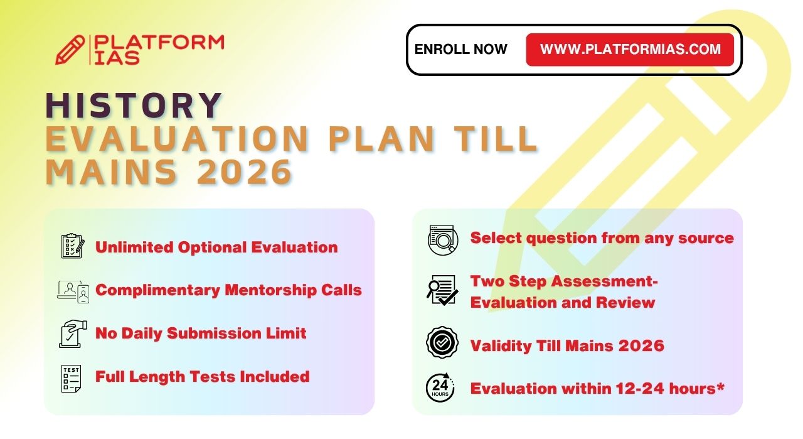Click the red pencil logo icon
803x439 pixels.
tap(70, 50)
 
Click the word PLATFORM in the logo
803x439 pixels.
tap(159, 43)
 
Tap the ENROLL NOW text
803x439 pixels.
tap(460, 49)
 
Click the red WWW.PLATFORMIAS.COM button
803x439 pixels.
tap(630, 50)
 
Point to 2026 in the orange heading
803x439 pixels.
tap(245, 171)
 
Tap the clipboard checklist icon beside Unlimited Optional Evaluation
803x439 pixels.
tap(73, 246)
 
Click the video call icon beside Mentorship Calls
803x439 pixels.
tap(73, 291)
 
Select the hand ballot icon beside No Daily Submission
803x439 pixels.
tap(73, 334)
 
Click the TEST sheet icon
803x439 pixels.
tap(71, 378)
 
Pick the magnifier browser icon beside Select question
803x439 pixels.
tap(443, 240)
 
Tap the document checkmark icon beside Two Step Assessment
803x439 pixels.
tap(442, 290)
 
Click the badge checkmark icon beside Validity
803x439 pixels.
tap(442, 342)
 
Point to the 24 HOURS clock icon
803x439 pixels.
tap(440, 388)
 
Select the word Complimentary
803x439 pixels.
tap(157, 290)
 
